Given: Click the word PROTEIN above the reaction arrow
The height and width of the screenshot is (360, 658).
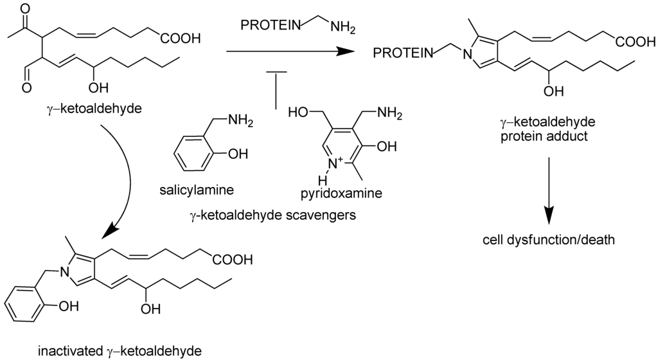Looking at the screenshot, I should click(269, 25).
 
